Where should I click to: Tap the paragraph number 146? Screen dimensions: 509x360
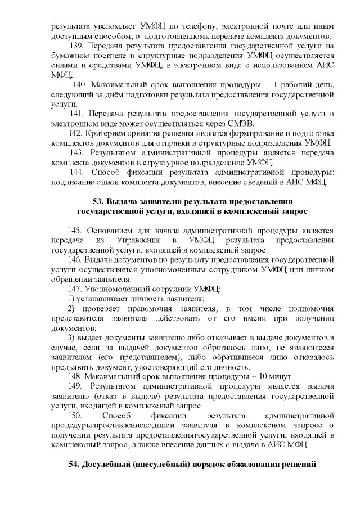point(75,260)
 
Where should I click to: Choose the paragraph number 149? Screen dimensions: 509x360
point(75,386)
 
